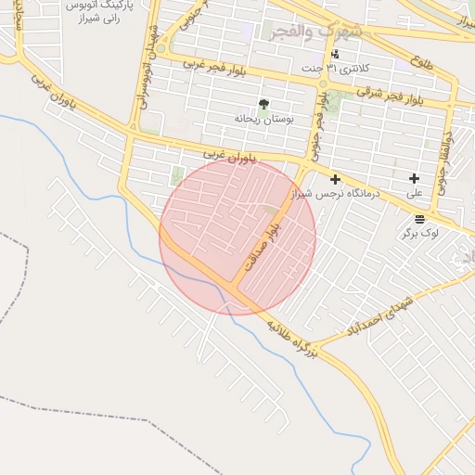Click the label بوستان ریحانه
[263, 119]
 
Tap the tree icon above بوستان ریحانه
[263, 104]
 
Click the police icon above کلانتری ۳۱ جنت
[335, 54]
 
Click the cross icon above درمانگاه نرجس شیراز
[335, 179]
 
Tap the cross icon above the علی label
[414, 178]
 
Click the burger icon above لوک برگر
[420, 219]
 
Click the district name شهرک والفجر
[315, 32]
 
